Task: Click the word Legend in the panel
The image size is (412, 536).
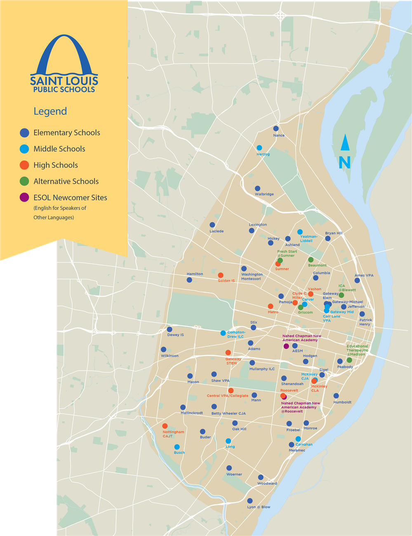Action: point(50,111)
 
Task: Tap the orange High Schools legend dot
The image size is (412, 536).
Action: point(24,165)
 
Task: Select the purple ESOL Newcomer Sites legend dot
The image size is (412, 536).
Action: point(24,197)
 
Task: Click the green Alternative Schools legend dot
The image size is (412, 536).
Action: point(24,181)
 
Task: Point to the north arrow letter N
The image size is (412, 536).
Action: point(344,163)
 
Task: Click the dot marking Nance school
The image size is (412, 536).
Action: point(276,129)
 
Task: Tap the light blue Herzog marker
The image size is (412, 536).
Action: point(259,148)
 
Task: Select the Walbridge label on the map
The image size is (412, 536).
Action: point(264,194)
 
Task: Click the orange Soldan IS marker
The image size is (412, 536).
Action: point(221,275)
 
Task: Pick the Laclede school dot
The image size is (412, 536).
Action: point(212,225)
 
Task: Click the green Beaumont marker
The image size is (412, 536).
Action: point(311,260)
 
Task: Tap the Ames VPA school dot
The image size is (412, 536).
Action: point(357,280)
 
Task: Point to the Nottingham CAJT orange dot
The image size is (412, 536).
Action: point(165,426)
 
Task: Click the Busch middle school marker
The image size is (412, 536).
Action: point(177,447)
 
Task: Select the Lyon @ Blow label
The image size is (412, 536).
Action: point(259,507)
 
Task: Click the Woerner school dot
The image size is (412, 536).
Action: point(229,468)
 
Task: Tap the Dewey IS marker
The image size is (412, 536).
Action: point(170,329)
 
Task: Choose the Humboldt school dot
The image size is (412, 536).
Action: point(336,396)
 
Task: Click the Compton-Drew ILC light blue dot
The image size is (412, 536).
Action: point(223,333)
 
